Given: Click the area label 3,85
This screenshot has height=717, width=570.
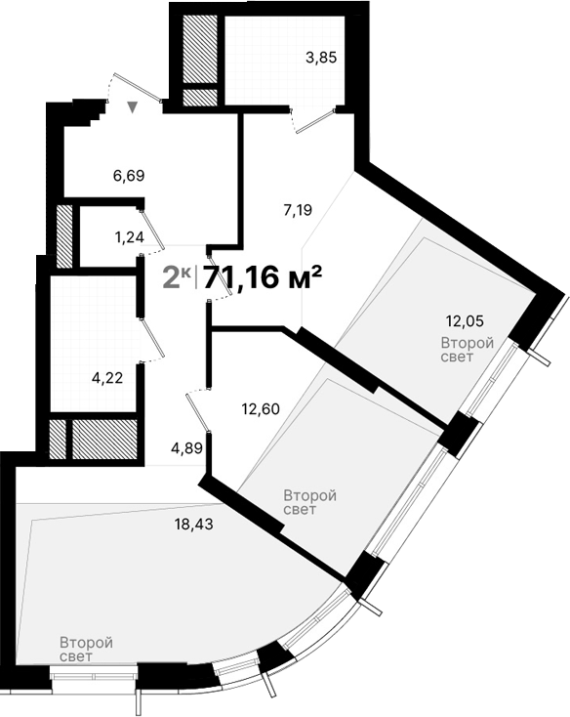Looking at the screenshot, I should (321, 58).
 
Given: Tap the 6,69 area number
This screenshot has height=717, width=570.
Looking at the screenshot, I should (129, 176).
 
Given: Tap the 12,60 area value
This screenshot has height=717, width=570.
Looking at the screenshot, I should (261, 409).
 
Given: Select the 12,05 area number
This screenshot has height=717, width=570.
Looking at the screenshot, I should (465, 319).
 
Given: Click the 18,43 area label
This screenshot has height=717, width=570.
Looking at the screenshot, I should (193, 524).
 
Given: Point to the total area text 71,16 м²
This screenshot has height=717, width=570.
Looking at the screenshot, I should (262, 277).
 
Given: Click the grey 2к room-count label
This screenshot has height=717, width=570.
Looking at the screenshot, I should (177, 277).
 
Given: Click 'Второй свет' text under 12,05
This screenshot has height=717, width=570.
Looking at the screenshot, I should (467, 350).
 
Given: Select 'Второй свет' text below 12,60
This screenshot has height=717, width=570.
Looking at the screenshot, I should (309, 503).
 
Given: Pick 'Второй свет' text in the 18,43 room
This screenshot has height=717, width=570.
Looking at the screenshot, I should (86, 650).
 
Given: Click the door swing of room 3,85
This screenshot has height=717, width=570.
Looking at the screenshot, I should (315, 118).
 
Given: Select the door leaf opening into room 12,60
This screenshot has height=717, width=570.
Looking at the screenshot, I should (198, 409).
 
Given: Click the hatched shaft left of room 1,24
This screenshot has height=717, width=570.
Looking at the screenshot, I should (64, 235).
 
